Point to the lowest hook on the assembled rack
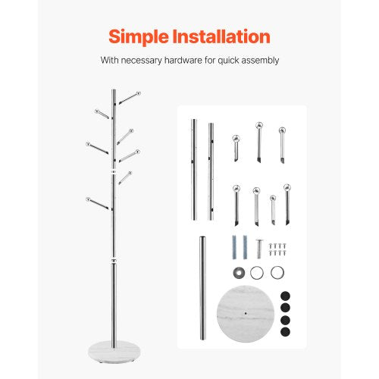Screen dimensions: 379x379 click(98, 202)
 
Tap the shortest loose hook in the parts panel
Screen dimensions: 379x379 click(273, 208)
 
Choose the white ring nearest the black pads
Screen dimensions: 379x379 click(277, 272)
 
